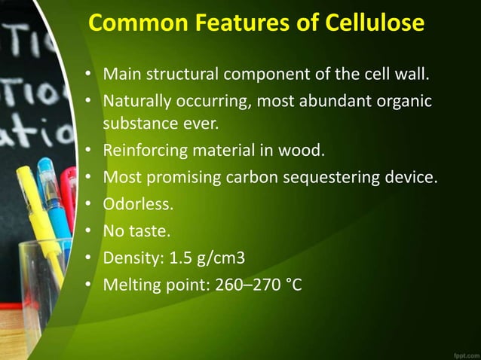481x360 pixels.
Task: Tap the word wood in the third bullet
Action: pyautogui.click(x=302, y=151)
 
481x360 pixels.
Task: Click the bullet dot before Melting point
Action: pyautogui.click(x=88, y=285)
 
